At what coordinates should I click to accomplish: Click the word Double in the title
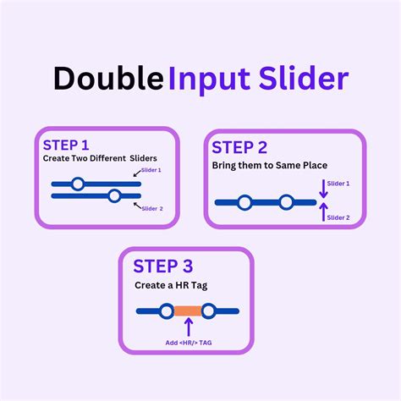coord(108,78)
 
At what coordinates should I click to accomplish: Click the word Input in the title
coord(206,80)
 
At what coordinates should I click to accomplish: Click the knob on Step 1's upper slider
coord(78,183)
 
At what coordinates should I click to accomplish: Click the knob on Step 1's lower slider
coord(114,196)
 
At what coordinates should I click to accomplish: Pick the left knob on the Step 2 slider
coord(244,202)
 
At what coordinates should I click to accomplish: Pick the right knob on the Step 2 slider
coord(286,202)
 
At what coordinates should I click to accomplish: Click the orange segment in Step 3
coord(188,310)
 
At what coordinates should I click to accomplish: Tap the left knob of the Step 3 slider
coord(167,310)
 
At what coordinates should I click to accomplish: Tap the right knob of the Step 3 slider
coord(209,310)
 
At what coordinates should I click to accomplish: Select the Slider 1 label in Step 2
coord(338,184)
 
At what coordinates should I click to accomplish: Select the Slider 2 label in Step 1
coord(152,208)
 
